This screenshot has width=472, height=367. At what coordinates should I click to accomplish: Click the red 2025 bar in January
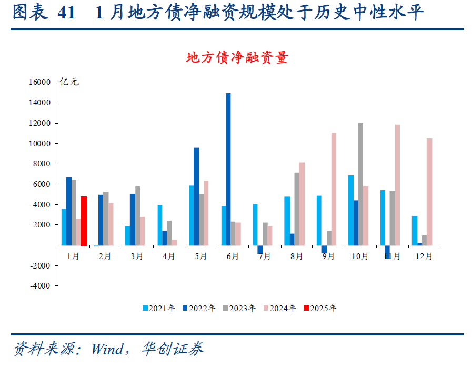(83, 221)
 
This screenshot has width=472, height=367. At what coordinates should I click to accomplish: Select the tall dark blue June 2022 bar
(228, 169)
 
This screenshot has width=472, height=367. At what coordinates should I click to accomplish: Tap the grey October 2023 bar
(360, 184)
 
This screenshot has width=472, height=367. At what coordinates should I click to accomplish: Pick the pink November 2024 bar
(397, 185)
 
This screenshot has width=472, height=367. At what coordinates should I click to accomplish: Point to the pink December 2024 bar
(429, 192)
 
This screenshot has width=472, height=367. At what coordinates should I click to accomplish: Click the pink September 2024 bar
(334, 189)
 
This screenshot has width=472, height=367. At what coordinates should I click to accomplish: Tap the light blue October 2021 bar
(350, 210)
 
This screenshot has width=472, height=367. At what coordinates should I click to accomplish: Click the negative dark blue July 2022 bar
(260, 250)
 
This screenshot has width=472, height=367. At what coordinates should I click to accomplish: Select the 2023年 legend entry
(239, 309)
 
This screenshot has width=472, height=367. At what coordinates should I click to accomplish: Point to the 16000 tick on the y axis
(39, 83)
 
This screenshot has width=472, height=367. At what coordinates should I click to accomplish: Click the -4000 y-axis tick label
(39, 286)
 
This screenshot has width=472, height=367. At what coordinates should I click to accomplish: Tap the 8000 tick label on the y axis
(41, 164)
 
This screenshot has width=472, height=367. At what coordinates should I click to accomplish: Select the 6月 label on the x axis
(232, 256)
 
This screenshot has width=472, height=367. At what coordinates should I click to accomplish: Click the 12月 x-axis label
(424, 256)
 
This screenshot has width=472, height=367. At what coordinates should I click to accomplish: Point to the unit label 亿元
(69, 82)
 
